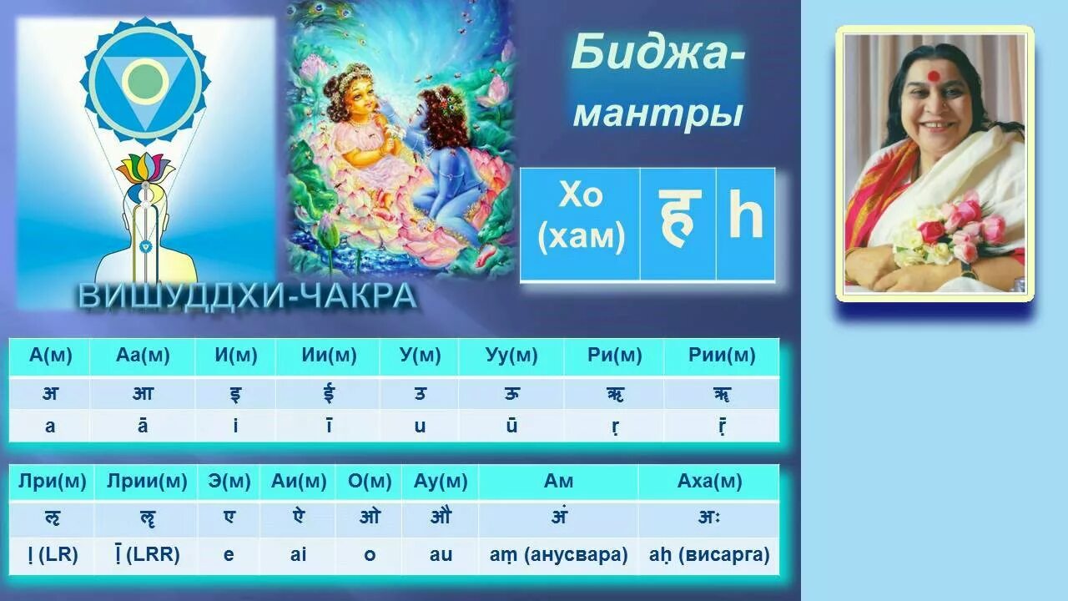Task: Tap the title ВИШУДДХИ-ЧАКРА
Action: pos(248,295)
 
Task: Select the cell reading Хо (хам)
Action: pos(581,218)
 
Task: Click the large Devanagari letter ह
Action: pos(678,219)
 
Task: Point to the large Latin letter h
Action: pos(745,218)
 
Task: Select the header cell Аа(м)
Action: pos(143,356)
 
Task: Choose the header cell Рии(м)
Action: pos(722,356)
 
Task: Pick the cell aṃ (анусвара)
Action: pos(557,554)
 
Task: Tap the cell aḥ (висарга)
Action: pos(709,554)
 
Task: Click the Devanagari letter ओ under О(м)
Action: pos(370,518)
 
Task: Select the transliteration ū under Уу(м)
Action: pos(511,426)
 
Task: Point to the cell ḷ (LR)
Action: pos(52,554)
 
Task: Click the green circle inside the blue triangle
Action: pos(145,80)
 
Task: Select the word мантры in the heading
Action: pos(657,114)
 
